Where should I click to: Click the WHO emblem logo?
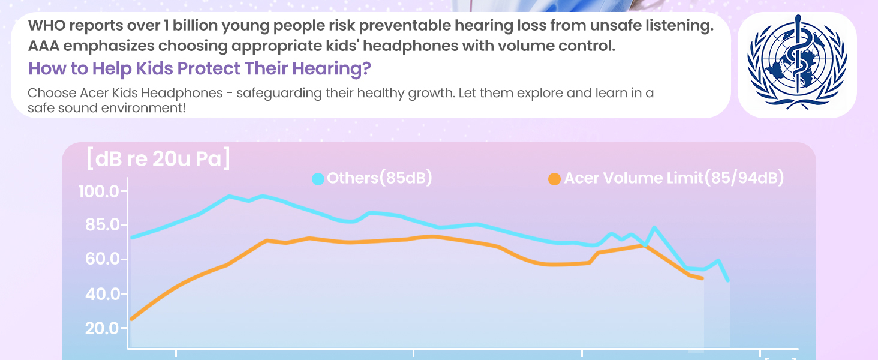[797, 65]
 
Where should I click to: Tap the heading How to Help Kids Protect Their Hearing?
[199, 68]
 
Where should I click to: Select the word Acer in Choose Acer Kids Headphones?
[94, 94]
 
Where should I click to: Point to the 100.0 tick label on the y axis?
[100, 192]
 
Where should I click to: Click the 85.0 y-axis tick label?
[100, 226]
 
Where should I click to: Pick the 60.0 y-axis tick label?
[100, 260]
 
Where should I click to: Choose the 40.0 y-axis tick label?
[100, 294]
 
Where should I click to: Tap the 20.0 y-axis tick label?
[100, 328]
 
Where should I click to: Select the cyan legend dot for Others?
[318, 179]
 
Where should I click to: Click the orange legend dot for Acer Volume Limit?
[555, 179]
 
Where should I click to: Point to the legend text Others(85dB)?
[379, 178]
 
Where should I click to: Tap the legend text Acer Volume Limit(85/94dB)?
[674, 178]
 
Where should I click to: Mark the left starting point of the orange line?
[132, 319]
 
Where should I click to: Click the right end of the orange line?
[702, 278]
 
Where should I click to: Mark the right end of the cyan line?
[727, 280]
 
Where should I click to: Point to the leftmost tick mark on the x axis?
[176, 353]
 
